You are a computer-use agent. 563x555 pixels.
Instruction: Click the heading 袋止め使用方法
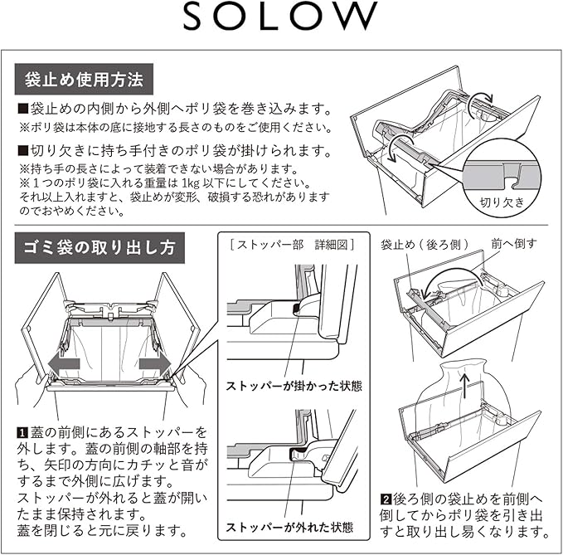[x=83, y=80]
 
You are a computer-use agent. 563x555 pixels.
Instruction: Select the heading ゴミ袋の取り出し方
[x=101, y=246]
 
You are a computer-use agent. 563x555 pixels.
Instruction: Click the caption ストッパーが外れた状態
[x=287, y=527]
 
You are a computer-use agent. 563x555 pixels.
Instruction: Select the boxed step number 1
[x=22, y=432]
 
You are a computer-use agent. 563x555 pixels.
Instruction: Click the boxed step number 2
[x=386, y=499]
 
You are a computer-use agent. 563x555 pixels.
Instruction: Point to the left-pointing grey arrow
[x=62, y=363]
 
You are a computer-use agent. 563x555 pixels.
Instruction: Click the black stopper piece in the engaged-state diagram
[x=297, y=309]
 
